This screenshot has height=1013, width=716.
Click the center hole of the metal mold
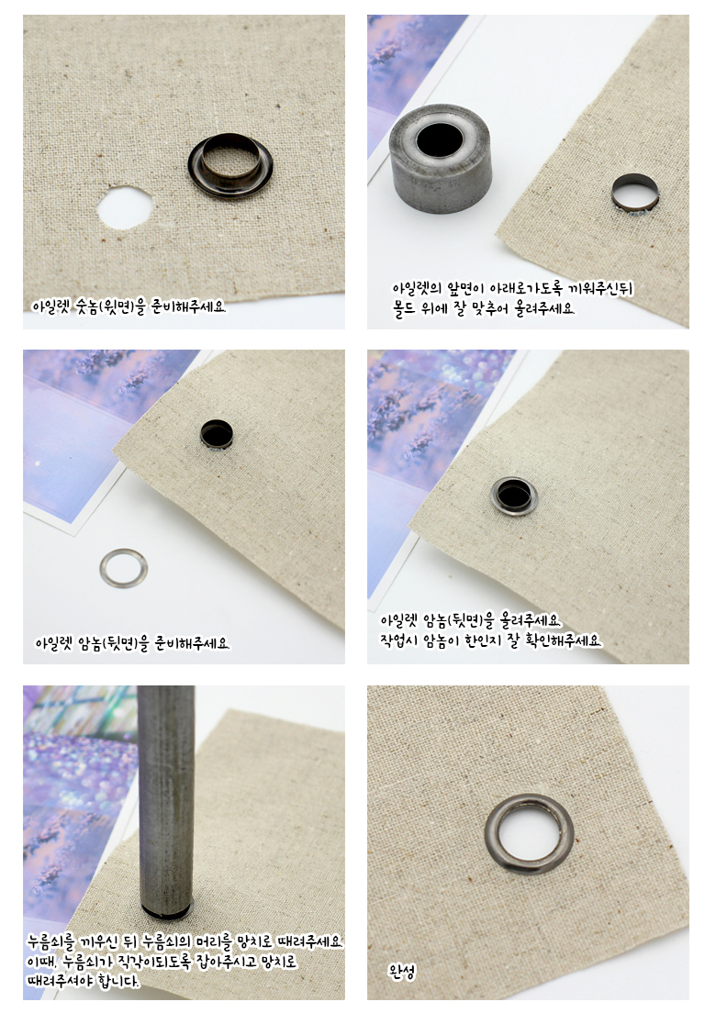point(440,139)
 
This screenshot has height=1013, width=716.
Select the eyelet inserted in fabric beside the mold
point(635,194)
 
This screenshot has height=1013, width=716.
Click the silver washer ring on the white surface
point(124,569)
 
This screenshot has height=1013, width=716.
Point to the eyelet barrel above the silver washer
point(218,435)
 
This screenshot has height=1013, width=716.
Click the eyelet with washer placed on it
point(515,495)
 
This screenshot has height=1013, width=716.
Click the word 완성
point(401,971)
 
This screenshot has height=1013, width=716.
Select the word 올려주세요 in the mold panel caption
point(543,308)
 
